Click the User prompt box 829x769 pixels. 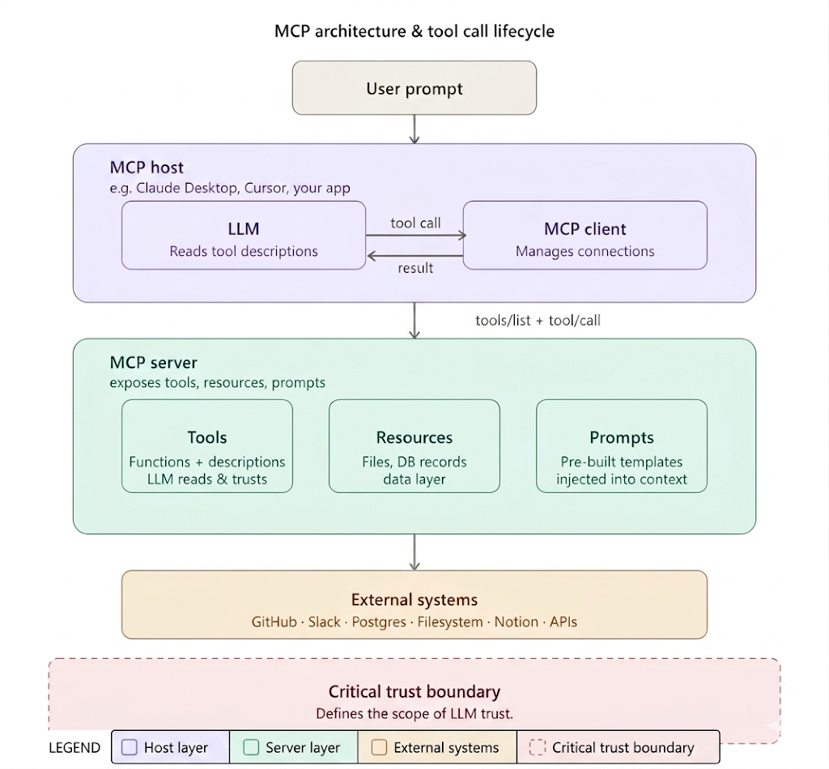point(414,87)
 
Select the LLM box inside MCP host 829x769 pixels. point(244,236)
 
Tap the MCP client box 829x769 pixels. point(585,236)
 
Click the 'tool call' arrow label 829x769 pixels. point(415,223)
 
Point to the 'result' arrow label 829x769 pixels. point(415,268)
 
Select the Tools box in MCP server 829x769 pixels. point(207,446)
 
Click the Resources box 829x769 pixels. point(414,446)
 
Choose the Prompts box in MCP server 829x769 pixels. point(622,446)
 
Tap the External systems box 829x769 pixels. point(414,605)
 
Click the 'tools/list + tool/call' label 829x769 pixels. point(538,321)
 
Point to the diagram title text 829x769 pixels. point(414,32)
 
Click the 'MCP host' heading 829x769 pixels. point(147,168)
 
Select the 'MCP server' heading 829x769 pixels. point(153,363)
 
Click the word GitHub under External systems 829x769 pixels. point(274,622)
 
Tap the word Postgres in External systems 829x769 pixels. point(379,622)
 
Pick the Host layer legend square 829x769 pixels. point(130,747)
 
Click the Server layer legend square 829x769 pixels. point(251,747)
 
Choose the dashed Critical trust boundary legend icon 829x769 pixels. point(538,747)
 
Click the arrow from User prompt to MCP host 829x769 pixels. point(414,129)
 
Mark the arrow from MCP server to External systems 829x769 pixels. point(414,552)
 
